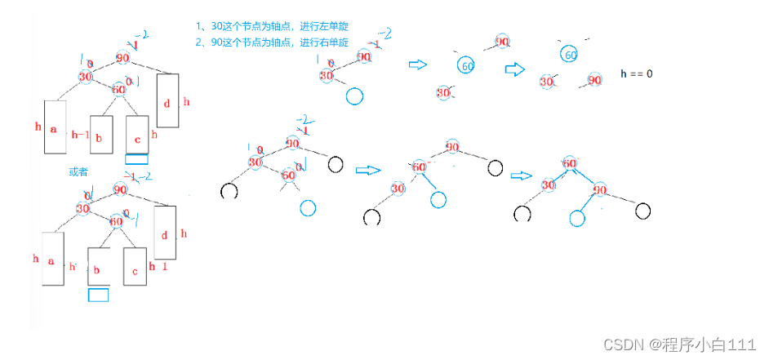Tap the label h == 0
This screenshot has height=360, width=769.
point(637,74)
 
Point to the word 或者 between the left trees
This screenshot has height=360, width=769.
point(78,173)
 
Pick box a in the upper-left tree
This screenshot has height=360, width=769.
point(54,128)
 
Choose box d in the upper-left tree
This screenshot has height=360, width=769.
point(167,100)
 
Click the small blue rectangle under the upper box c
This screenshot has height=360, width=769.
point(137,160)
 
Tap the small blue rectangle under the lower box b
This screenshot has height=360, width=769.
point(99,296)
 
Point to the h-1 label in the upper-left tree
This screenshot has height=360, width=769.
point(80,134)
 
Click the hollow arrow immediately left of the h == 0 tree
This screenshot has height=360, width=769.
point(515,70)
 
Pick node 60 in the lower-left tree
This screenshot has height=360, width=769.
point(117,221)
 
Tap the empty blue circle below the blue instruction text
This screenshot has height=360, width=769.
point(353,96)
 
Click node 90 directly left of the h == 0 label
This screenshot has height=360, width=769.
point(593,81)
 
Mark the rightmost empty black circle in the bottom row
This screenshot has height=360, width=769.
point(643,211)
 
